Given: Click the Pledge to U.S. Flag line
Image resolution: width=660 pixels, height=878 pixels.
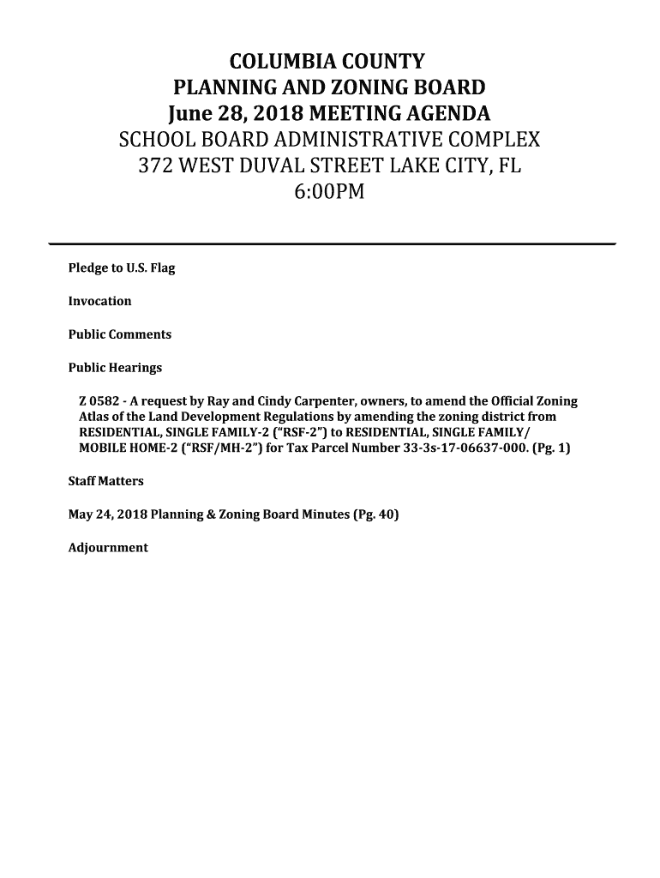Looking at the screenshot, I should pos(121,268).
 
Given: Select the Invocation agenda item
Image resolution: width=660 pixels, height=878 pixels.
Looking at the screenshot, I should pos(99,301).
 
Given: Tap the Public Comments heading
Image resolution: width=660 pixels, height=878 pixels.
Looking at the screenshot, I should pos(119,334).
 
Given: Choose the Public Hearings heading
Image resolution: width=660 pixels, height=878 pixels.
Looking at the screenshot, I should pos(115,368).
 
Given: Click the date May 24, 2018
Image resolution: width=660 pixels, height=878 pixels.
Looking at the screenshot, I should pos(107,514).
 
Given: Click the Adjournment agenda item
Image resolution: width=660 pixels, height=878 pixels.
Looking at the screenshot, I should pos(108,547).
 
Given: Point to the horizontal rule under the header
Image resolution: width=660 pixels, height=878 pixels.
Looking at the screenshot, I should pos(333,244).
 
